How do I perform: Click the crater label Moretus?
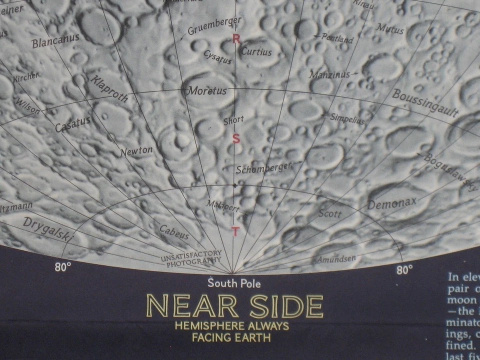(207, 91)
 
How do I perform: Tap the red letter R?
(236, 39)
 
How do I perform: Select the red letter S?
(236, 139)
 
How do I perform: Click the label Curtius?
(256, 51)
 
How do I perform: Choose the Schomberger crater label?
(263, 168)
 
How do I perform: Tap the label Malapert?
(223, 206)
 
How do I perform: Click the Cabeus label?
(174, 232)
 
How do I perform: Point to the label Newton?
(136, 151)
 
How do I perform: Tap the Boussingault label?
(425, 103)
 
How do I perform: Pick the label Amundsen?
(337, 259)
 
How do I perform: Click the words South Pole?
(234, 283)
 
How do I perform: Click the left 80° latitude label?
(62, 267)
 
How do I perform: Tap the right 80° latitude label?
(404, 270)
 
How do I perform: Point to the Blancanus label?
(55, 41)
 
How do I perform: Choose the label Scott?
(330, 213)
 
